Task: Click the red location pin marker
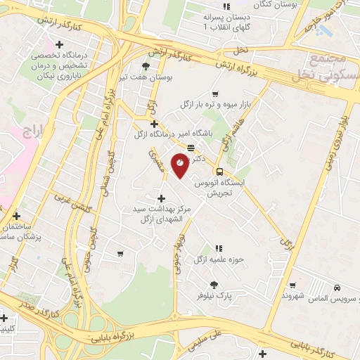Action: point(180,165)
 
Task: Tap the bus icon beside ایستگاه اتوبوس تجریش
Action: point(219,172)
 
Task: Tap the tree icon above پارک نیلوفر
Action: point(214,285)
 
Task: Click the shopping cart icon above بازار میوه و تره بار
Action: point(215,94)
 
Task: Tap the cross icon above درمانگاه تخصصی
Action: point(60,46)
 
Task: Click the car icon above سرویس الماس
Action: point(337,288)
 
